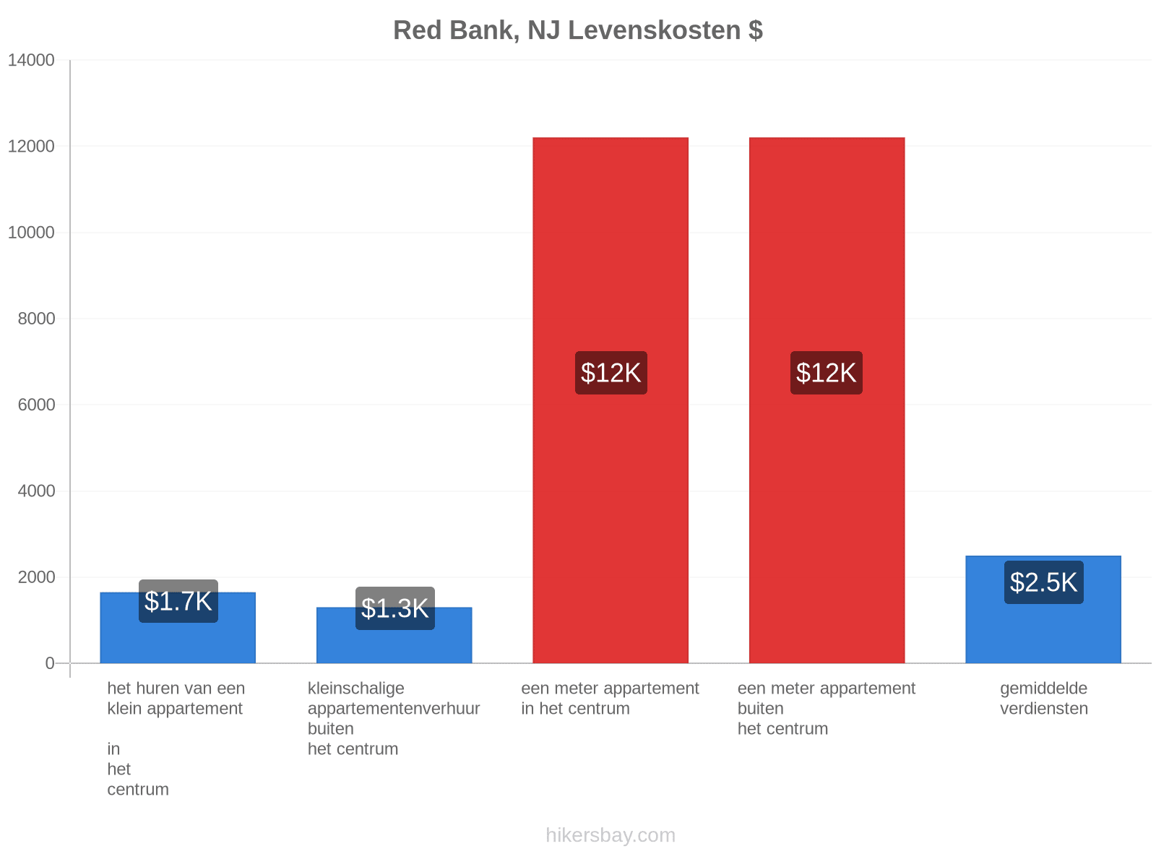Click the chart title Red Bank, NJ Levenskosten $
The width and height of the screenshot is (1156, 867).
pyautogui.click(x=577, y=30)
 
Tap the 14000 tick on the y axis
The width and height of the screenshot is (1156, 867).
pyautogui.click(x=31, y=60)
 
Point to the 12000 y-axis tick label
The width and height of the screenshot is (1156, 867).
pyautogui.click(x=31, y=146)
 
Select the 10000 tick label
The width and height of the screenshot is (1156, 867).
pyautogui.click(x=31, y=232)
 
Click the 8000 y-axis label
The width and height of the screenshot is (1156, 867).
pyautogui.click(x=36, y=318)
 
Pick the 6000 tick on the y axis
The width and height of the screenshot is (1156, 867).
pyautogui.click(x=36, y=405)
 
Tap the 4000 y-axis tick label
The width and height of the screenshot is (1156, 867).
pyautogui.click(x=36, y=491)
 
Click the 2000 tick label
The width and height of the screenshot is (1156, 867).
pyautogui.click(x=36, y=577)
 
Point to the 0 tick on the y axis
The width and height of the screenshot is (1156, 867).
pyautogui.click(x=50, y=663)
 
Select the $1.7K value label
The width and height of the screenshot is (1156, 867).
pyautogui.click(x=178, y=601)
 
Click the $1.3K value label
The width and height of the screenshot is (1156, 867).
pyautogui.click(x=394, y=608)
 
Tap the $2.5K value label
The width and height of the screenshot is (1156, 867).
pyautogui.click(x=1043, y=582)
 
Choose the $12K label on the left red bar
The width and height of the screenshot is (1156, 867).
pyautogui.click(x=611, y=373)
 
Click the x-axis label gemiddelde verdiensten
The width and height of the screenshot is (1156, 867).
pyautogui.click(x=1043, y=698)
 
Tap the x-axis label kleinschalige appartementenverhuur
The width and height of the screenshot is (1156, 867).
pyautogui.click(x=394, y=698)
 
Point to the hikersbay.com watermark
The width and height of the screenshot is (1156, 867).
pyautogui.click(x=611, y=835)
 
